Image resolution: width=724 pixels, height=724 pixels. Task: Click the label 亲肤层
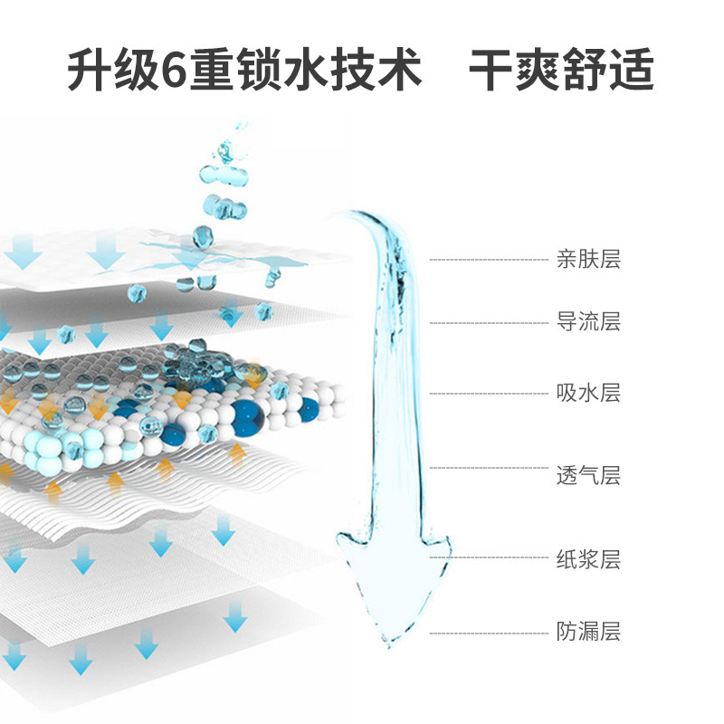pyautogui.click(x=588, y=261)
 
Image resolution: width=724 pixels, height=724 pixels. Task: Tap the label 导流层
pyautogui.click(x=588, y=321)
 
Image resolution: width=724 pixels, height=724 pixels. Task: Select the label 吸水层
pyautogui.click(x=588, y=394)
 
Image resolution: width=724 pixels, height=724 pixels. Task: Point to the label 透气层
pyautogui.click(x=588, y=475)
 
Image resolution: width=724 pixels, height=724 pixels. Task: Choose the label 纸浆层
pyautogui.click(x=588, y=559)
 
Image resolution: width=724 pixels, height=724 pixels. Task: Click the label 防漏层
pyautogui.click(x=588, y=632)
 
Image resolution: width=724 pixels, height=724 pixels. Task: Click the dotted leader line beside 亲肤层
pyautogui.click(x=489, y=261)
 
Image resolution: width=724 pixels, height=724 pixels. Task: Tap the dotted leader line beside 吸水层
pyautogui.click(x=489, y=394)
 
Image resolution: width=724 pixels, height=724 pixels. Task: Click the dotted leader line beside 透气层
pyautogui.click(x=489, y=468)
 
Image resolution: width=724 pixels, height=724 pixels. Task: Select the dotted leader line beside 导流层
pyautogui.click(x=489, y=322)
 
